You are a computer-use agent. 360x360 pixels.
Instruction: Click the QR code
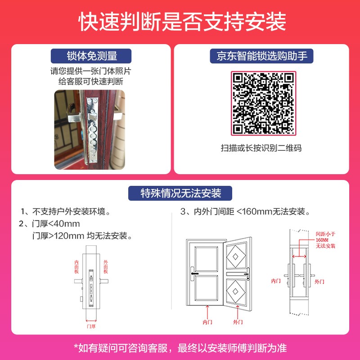[x=263, y=103]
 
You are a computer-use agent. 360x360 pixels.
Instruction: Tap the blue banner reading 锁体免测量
[x=91, y=56]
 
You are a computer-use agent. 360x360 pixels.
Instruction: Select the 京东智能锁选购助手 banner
[x=261, y=56]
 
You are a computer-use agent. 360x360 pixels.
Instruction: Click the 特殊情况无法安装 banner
[x=180, y=193]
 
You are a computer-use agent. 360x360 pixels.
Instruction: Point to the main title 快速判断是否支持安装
[x=182, y=22]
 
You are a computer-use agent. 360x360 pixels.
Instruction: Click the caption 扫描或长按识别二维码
[x=261, y=148]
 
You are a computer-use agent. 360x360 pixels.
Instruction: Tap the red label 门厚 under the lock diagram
[x=91, y=326]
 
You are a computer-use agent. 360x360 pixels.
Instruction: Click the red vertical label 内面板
[x=76, y=267]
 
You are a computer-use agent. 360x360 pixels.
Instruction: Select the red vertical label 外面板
[x=106, y=267]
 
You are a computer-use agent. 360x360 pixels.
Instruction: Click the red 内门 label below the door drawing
[x=207, y=322]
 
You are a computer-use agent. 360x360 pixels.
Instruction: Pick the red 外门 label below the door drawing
[x=238, y=322]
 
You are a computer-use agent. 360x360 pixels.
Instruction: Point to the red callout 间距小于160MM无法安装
[x=325, y=240]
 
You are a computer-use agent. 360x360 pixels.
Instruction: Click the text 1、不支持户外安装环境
[x=65, y=211]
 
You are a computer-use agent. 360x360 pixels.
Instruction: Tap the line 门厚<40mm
[x=49, y=224]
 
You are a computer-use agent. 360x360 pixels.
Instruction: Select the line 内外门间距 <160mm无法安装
[x=245, y=211]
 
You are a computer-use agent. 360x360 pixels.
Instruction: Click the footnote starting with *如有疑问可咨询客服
[x=180, y=348]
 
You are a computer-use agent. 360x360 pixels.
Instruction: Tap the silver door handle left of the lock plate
[x=74, y=114]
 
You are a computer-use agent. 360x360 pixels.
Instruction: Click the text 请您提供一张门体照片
[x=91, y=71]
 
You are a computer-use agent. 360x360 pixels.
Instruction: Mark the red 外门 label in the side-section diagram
[x=319, y=282]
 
